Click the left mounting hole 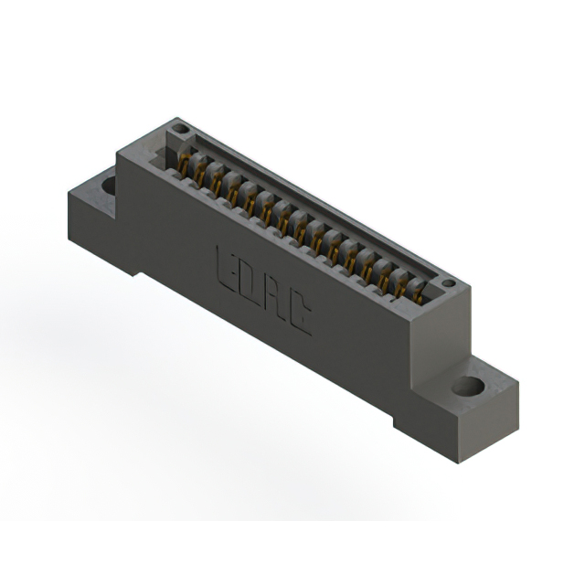click(x=109, y=186)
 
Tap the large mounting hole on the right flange click(x=469, y=386)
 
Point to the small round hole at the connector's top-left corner click(x=181, y=130)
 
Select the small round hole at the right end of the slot click(x=448, y=284)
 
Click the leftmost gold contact click(x=184, y=166)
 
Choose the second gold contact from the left click(x=200, y=175)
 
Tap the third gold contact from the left click(x=217, y=185)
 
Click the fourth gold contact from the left click(x=233, y=194)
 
